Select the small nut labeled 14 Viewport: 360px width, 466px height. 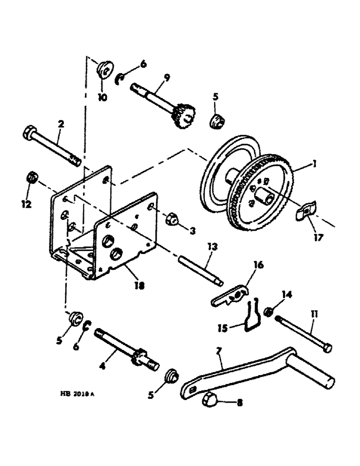click(x=269, y=311)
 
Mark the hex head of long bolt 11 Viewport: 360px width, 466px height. click(x=328, y=347)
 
